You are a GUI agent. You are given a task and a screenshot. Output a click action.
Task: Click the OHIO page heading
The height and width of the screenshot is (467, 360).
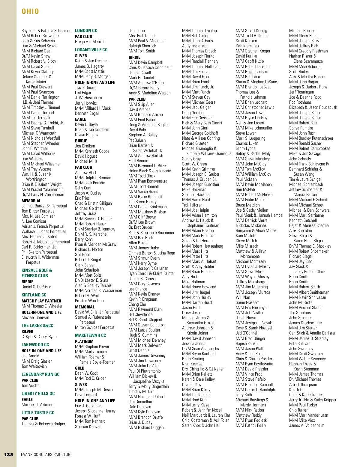click(x=30, y=11)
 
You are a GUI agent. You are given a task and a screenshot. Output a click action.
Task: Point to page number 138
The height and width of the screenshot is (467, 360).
click(x=9, y=455)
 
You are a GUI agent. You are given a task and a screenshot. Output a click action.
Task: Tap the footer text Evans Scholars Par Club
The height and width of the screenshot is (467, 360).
click(x=46, y=455)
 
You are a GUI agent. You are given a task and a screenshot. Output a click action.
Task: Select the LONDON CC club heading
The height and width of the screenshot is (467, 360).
click(x=86, y=31)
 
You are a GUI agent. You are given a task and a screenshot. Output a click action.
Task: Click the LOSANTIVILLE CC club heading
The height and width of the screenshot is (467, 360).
click(x=91, y=50)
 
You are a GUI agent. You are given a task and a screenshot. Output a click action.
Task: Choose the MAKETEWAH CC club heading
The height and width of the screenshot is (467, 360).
click(x=90, y=335)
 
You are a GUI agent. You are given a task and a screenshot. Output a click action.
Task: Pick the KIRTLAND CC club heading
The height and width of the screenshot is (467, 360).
click(x=34, y=295)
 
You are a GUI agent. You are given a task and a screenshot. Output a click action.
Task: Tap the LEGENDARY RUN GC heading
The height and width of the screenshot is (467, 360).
click(x=40, y=374)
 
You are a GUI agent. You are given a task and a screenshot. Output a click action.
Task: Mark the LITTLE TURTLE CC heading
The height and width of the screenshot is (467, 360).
click(x=38, y=413)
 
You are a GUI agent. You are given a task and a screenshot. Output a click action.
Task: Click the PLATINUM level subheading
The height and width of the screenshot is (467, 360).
click(x=84, y=341)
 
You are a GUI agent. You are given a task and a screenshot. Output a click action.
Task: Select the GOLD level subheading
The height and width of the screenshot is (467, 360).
click(x=80, y=368)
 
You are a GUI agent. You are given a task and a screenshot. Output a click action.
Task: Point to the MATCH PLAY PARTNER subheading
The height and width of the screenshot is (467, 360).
click(x=41, y=301)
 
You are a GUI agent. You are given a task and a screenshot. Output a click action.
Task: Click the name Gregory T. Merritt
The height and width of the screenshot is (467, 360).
click(x=89, y=42)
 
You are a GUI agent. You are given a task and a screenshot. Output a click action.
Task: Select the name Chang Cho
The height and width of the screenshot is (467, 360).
click(x=137, y=304)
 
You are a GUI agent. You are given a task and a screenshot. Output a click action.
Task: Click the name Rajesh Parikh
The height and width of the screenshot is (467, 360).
click(x=247, y=344)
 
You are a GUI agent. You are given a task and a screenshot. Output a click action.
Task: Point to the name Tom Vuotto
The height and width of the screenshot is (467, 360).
click(x=31, y=385)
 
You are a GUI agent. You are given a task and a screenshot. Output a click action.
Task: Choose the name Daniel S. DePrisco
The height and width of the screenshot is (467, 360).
click(x=36, y=287)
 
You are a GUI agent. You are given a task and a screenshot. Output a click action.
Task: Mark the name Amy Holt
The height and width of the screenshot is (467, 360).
click(x=190, y=277)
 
